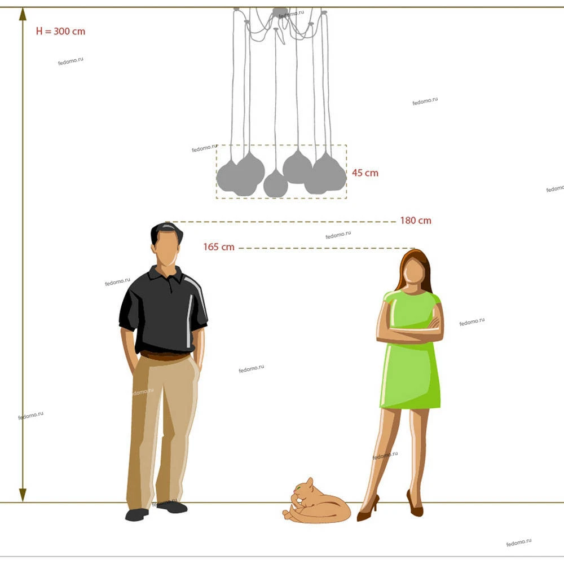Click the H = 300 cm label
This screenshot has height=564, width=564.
(x=60, y=31)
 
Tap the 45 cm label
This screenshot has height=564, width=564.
(x=365, y=173)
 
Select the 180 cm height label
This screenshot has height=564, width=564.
(x=416, y=221)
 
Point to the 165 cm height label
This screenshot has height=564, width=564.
(x=219, y=247)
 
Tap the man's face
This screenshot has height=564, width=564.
(x=166, y=249)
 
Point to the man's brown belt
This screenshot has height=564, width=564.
(x=165, y=356)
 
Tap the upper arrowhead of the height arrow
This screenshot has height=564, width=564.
(x=23, y=15)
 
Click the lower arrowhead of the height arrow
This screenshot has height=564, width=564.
(x=23, y=495)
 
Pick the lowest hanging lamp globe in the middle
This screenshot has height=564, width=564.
(x=276, y=184)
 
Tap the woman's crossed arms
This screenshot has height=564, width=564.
(x=410, y=329)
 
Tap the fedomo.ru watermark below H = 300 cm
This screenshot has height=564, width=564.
(x=70, y=61)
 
